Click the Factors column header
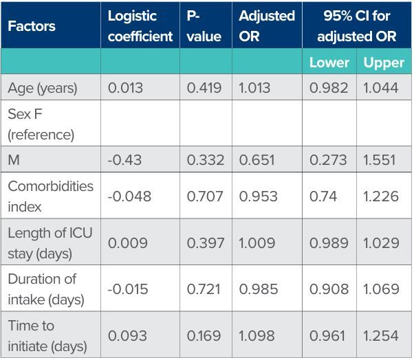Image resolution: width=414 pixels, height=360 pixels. (x=32, y=26)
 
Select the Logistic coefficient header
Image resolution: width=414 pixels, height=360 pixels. (x=140, y=26)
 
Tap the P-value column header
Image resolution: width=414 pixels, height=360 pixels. (x=204, y=26)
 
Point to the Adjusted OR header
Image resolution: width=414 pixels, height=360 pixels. (x=267, y=26)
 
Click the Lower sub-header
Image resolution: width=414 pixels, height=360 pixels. (x=329, y=63)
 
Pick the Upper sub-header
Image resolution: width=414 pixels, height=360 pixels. (x=384, y=63)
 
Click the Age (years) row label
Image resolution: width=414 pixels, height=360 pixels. (x=43, y=88)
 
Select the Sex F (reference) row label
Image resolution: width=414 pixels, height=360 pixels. (x=41, y=124)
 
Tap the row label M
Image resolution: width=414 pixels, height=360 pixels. (x=14, y=160)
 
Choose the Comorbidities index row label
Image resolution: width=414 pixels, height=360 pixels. (x=50, y=196)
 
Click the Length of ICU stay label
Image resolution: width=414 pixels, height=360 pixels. (x=50, y=243)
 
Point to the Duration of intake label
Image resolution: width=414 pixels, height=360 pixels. (x=46, y=289)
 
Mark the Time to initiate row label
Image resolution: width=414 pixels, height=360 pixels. (x=47, y=336)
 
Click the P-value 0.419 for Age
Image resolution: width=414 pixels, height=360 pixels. (x=204, y=88)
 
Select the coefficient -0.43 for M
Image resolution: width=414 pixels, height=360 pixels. (x=124, y=160)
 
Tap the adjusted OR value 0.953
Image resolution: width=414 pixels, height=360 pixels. (x=258, y=196)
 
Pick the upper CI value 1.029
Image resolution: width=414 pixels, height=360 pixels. (x=381, y=243)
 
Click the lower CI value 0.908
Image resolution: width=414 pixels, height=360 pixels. (x=329, y=289)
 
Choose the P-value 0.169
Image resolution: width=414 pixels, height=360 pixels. (x=204, y=336)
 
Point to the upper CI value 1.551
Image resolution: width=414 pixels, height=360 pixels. (x=380, y=160)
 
